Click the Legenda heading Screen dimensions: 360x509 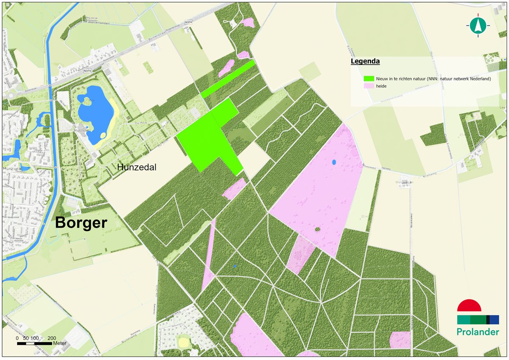point(365,62)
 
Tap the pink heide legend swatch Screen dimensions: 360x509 point(369,86)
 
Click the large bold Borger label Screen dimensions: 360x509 point(81,222)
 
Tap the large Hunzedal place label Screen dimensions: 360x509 point(137,168)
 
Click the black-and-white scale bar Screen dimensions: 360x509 point(35,343)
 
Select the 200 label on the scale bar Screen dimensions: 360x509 point(52,338)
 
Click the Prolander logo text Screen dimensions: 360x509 point(478,332)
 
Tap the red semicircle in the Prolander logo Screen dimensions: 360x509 point(469,306)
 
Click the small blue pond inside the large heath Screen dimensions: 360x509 point(334,162)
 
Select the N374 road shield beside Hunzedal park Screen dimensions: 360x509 point(87,71)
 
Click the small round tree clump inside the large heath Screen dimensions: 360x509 point(317,229)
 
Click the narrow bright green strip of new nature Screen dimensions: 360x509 point(228,79)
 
